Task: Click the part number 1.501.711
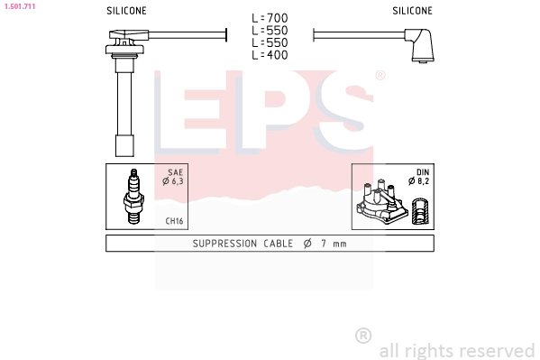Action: click(x=20, y=6)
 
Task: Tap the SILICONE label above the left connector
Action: click(x=126, y=11)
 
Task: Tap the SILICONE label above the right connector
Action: click(x=412, y=11)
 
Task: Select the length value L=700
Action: click(x=270, y=18)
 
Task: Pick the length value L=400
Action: click(x=270, y=55)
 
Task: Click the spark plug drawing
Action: click(x=133, y=196)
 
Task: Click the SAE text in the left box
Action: click(x=175, y=172)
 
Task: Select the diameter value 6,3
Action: click(x=178, y=181)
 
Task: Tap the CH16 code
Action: click(x=174, y=221)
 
